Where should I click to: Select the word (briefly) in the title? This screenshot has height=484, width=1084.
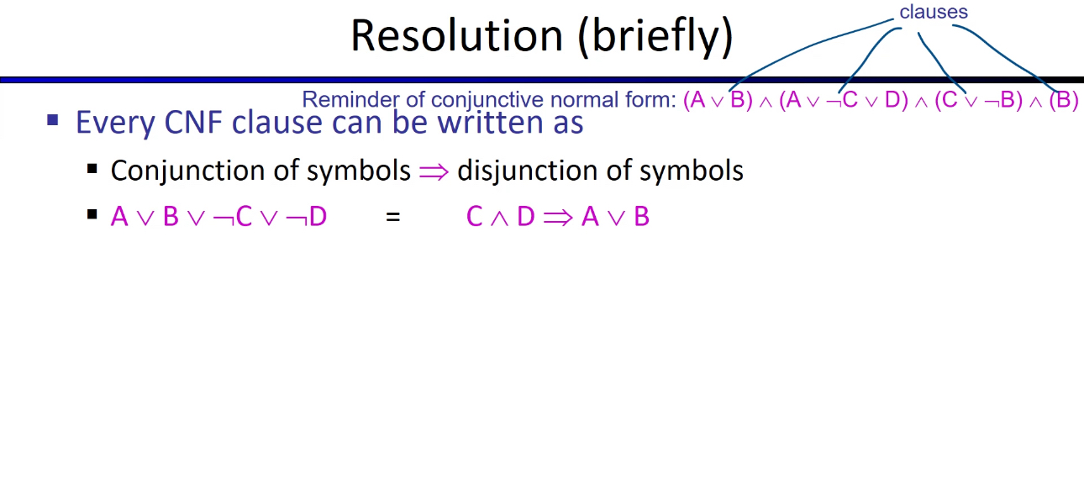(655, 37)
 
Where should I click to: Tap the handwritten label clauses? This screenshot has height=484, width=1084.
(933, 12)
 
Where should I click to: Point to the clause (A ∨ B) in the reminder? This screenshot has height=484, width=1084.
(718, 100)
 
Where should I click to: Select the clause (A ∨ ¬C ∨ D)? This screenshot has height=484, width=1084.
(844, 100)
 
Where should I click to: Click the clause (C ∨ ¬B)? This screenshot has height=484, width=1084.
(978, 100)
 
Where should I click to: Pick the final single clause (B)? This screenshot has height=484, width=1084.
(1063, 100)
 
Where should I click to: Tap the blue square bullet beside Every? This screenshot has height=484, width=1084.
(53, 120)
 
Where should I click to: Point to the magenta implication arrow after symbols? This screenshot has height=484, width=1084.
(434, 171)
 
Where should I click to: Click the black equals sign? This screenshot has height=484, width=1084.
(392, 218)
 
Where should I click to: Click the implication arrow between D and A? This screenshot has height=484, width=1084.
(557, 218)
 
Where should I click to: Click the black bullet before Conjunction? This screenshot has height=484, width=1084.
(92, 169)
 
